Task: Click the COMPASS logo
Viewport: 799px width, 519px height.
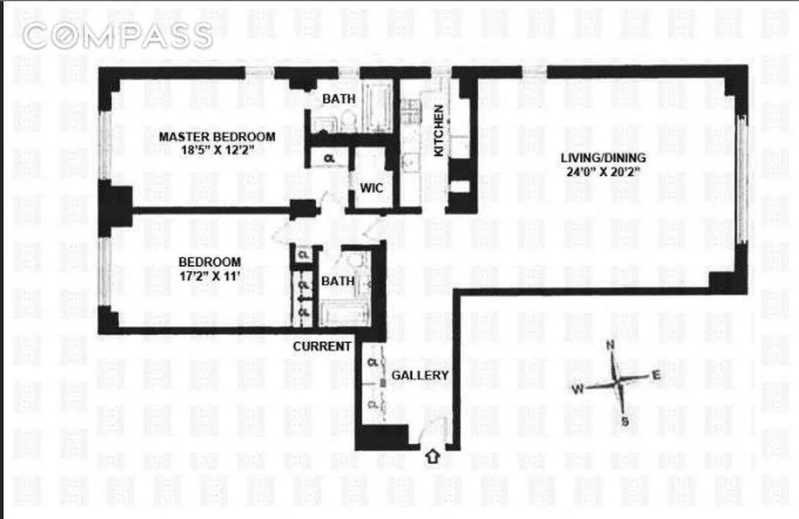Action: tap(117, 36)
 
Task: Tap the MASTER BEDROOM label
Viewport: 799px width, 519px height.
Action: tap(217, 137)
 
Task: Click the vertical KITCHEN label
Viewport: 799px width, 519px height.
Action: tap(439, 130)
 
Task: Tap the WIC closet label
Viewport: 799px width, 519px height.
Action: tap(371, 188)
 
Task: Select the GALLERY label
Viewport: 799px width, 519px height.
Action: tap(420, 375)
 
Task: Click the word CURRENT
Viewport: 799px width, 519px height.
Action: tap(321, 346)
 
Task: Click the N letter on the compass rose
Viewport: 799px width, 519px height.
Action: tap(610, 346)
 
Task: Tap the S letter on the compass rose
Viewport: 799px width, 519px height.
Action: tap(625, 422)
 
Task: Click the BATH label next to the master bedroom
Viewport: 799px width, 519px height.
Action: tap(339, 99)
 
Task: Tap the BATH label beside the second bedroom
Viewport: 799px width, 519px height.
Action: tap(338, 282)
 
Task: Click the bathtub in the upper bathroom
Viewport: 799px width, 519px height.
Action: tap(375, 106)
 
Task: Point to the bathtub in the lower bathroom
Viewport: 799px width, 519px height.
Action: tap(344, 314)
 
